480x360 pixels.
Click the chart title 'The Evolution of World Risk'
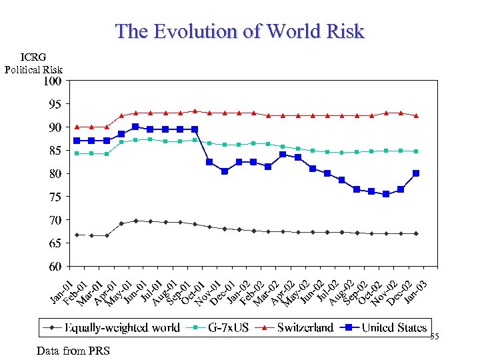point(239,31)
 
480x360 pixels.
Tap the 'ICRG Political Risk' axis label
point(33,64)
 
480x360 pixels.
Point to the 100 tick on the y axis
point(53,81)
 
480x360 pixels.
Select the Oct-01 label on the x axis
point(194,292)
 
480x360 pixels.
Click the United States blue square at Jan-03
point(416,173)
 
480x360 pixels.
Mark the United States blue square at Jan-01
point(77,141)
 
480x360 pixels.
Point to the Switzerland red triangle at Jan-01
point(77,127)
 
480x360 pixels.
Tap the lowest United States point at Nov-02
point(387,194)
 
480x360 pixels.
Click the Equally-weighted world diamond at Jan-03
point(416,233)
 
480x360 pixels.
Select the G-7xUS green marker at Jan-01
point(77,153)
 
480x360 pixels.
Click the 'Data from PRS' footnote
point(73,351)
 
